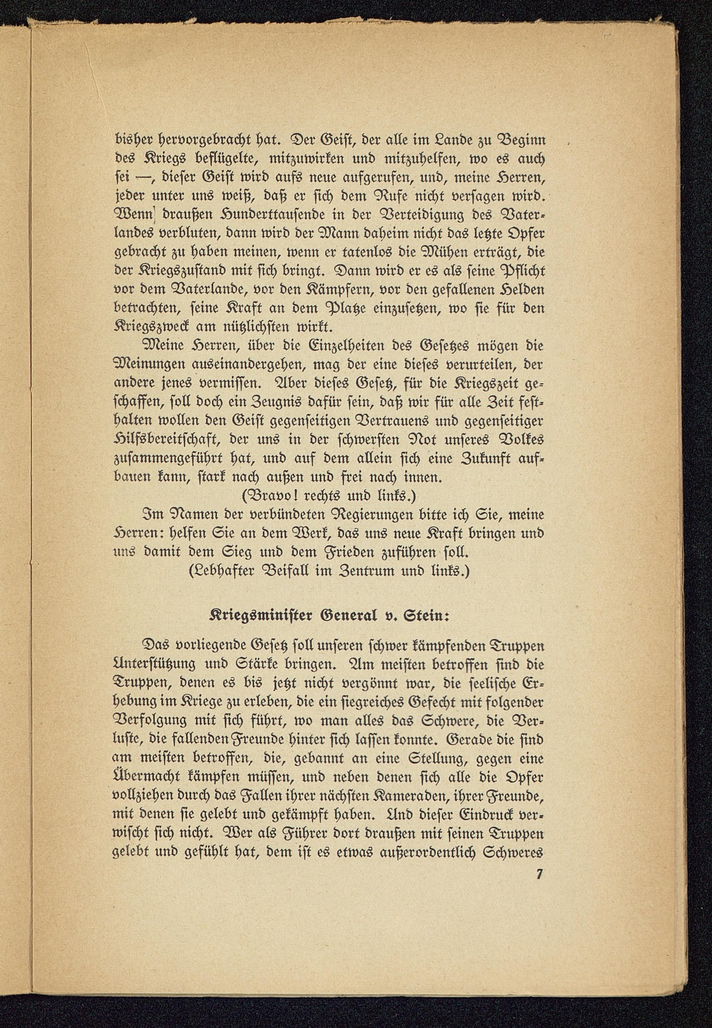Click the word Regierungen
[x=372, y=514]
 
